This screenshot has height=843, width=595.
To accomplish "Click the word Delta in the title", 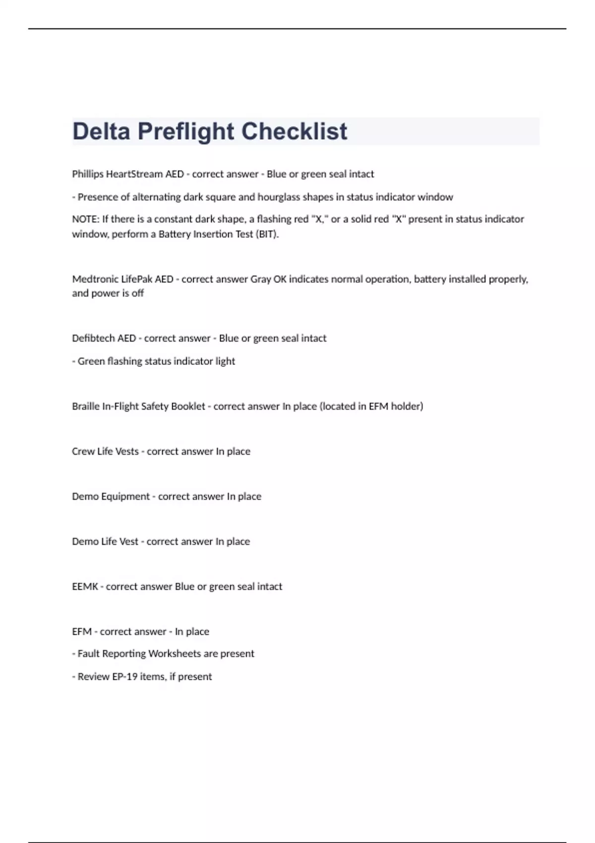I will [x=101, y=131].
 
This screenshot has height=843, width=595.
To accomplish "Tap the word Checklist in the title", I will [x=294, y=131].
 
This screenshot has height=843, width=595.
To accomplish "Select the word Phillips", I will [x=88, y=174].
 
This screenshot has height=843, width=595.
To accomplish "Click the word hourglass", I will [x=278, y=197].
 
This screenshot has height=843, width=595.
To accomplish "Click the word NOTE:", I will [x=85, y=219].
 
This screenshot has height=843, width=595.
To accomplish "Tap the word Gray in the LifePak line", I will [x=260, y=279].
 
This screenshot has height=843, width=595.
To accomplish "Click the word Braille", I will [x=85, y=406].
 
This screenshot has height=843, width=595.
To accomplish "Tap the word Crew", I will [x=83, y=451].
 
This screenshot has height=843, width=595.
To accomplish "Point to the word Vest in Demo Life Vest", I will [x=129, y=542].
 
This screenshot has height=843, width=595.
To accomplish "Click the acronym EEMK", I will [x=85, y=587].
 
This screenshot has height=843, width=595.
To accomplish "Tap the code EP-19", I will [x=124, y=676].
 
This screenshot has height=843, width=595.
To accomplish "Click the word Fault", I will [x=88, y=654].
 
